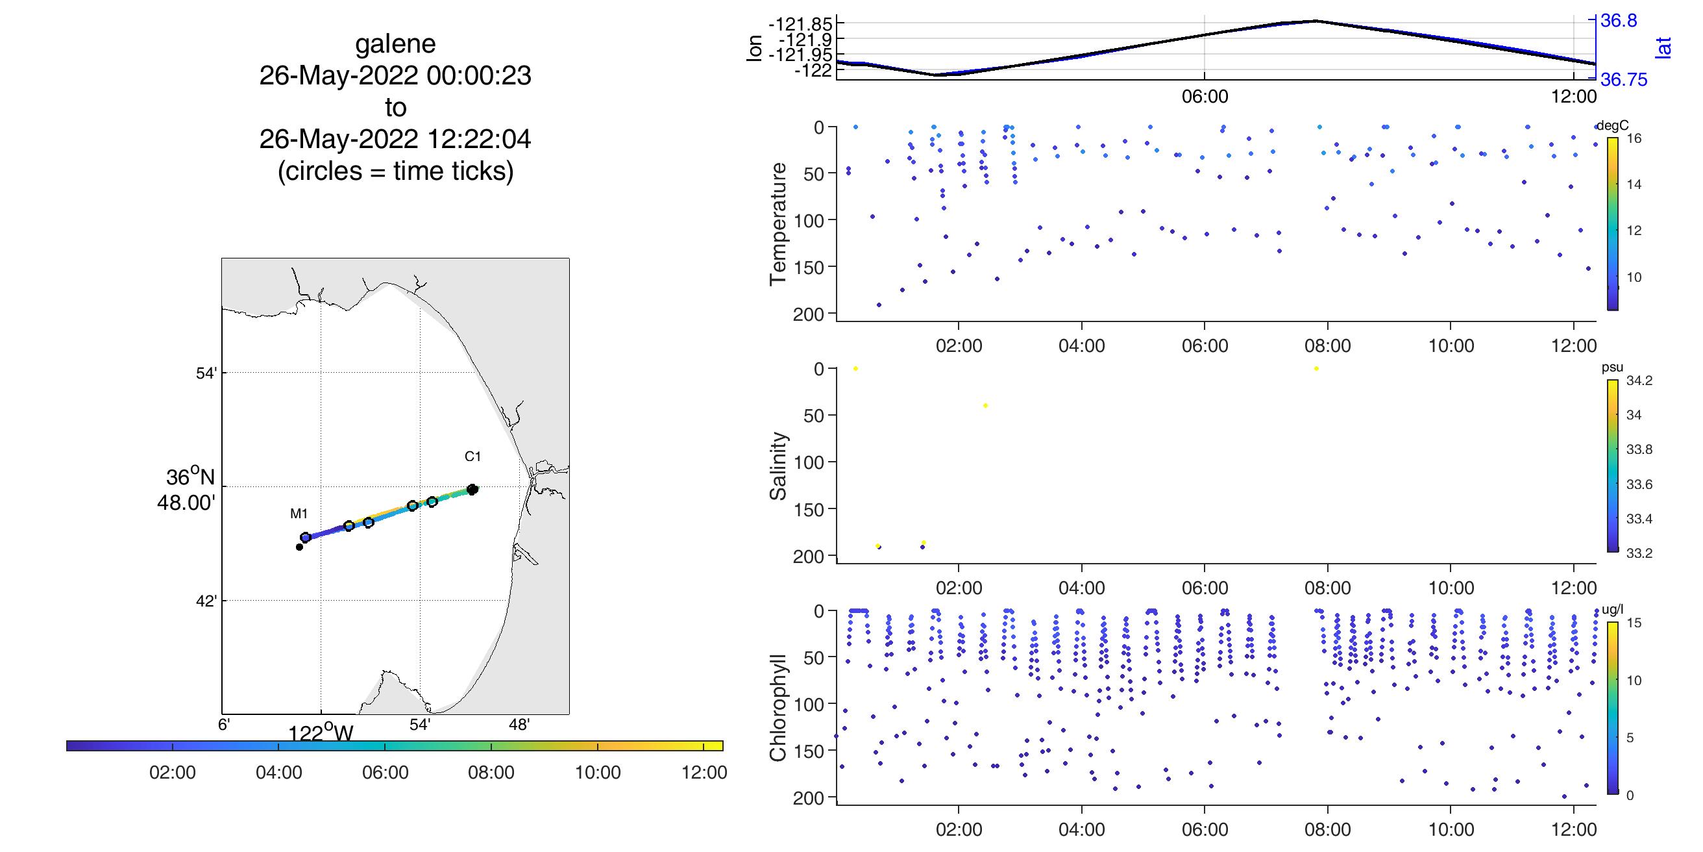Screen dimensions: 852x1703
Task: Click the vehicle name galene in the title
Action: pos(395,44)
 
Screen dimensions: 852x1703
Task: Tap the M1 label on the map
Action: pos(299,513)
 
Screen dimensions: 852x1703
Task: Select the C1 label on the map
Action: pos(472,457)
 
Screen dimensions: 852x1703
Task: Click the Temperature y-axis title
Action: pos(778,223)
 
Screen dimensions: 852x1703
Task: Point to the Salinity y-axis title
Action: pos(778,466)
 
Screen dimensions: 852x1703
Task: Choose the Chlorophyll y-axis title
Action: pos(778,708)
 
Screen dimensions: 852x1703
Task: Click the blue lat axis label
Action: pos(1664,47)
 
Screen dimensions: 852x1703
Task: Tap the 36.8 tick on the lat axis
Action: pos(1619,21)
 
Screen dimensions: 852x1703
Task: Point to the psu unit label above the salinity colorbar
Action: pos(1612,368)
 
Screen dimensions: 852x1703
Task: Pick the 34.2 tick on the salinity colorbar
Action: pos(1639,381)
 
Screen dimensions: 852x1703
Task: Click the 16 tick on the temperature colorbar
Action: pos(1634,138)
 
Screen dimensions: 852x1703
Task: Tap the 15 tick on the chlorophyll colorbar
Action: pos(1634,623)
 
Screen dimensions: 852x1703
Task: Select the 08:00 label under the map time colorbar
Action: pos(491,773)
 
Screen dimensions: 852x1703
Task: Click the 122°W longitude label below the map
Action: pos(321,734)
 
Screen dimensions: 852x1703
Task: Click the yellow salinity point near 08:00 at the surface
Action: pos(1316,368)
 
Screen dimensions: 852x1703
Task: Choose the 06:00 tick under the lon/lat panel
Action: pos(1205,97)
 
